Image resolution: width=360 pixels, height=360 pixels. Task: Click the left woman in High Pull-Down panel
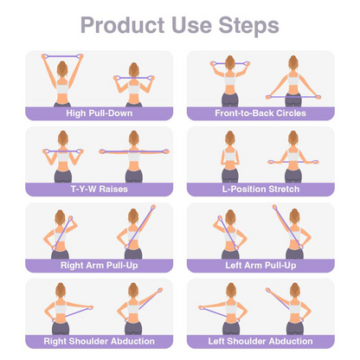pos(61,82)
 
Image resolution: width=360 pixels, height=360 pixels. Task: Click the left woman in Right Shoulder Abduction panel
pos(61,312)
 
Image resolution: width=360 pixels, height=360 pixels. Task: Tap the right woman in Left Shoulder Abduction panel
pos(293,312)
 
